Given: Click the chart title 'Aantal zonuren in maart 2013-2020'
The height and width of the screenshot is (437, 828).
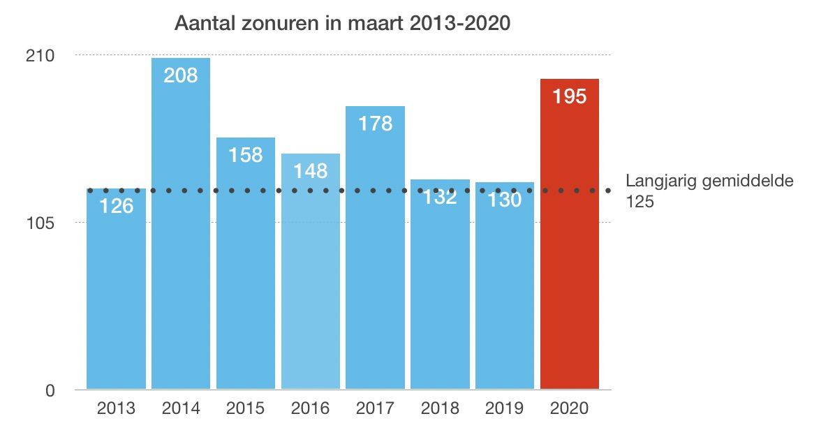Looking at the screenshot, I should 343,24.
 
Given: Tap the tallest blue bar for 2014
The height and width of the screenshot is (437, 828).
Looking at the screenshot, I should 181,230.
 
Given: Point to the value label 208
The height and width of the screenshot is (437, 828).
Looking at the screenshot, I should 181,75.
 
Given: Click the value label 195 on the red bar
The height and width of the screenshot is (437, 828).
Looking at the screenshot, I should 570,96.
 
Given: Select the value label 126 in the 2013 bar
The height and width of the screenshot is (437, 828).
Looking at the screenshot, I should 116,207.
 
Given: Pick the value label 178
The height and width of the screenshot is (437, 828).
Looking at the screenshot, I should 376,124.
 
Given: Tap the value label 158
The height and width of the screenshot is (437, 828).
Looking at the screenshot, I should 246,154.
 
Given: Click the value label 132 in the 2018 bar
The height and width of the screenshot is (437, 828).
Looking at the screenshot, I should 440,198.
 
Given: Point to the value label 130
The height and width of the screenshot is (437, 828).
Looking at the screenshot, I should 505,200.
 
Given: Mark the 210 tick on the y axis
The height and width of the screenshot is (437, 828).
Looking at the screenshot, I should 41,55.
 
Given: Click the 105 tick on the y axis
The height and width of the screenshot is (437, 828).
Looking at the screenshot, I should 41,223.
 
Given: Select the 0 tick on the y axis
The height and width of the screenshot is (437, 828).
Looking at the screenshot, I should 50,390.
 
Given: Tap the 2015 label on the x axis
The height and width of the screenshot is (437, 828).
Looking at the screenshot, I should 246,408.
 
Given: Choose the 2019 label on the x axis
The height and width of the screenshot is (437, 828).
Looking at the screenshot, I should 505,408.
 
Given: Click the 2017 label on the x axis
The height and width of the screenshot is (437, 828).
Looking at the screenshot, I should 376,408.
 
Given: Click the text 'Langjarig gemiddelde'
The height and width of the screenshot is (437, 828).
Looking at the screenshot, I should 709,182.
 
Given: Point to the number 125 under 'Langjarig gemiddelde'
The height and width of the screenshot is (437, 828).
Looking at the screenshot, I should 640,201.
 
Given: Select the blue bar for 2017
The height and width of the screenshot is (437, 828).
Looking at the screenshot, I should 376,265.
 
